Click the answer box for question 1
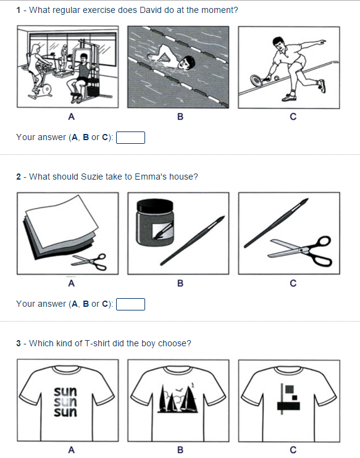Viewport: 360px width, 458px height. click(x=131, y=137)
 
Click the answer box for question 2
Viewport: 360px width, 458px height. click(x=131, y=304)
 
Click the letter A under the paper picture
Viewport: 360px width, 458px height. click(x=71, y=284)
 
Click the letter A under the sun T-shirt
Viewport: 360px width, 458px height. click(x=71, y=450)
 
